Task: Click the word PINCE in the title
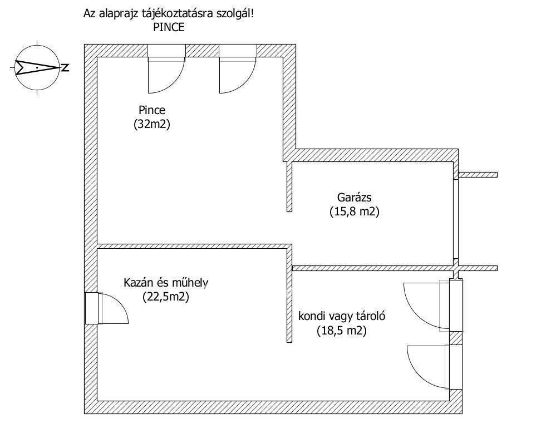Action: coord(169,27)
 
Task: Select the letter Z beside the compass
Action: coord(65,67)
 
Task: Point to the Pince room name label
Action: coord(152,110)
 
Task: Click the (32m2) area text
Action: coord(152,124)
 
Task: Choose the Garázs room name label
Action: coord(355,198)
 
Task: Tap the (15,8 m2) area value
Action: coord(355,211)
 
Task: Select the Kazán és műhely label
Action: coord(166,283)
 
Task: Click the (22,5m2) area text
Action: coord(166,297)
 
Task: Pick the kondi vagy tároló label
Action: coord(342,317)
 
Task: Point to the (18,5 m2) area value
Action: coord(342,331)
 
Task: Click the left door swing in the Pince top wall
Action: coord(166,76)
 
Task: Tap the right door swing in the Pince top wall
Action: coord(238,76)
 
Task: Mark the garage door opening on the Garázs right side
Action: coord(456,219)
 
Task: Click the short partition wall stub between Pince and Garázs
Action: coord(289,186)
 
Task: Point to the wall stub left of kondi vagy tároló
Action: coord(289,307)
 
